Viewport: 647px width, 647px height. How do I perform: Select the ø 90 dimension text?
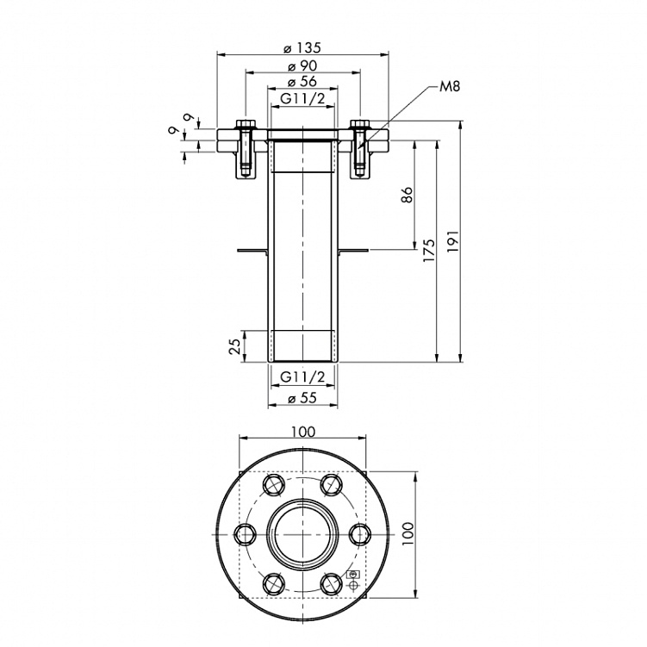[302, 65]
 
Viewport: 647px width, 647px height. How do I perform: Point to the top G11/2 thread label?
[302, 99]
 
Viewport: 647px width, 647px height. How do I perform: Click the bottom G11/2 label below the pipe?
[302, 376]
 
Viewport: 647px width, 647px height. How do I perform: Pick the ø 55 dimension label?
[302, 398]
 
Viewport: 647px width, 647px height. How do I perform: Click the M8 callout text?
[450, 87]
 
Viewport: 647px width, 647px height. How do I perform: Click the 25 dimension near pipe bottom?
[233, 346]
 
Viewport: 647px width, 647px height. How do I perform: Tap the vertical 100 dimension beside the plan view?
[408, 535]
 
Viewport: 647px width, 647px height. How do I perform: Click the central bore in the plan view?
[302, 535]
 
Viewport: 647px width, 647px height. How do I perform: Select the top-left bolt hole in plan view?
[275, 486]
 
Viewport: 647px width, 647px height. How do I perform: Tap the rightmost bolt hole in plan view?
[358, 535]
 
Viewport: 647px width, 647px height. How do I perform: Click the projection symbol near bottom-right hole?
[351, 580]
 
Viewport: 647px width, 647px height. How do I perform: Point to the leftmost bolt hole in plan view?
[246, 535]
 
